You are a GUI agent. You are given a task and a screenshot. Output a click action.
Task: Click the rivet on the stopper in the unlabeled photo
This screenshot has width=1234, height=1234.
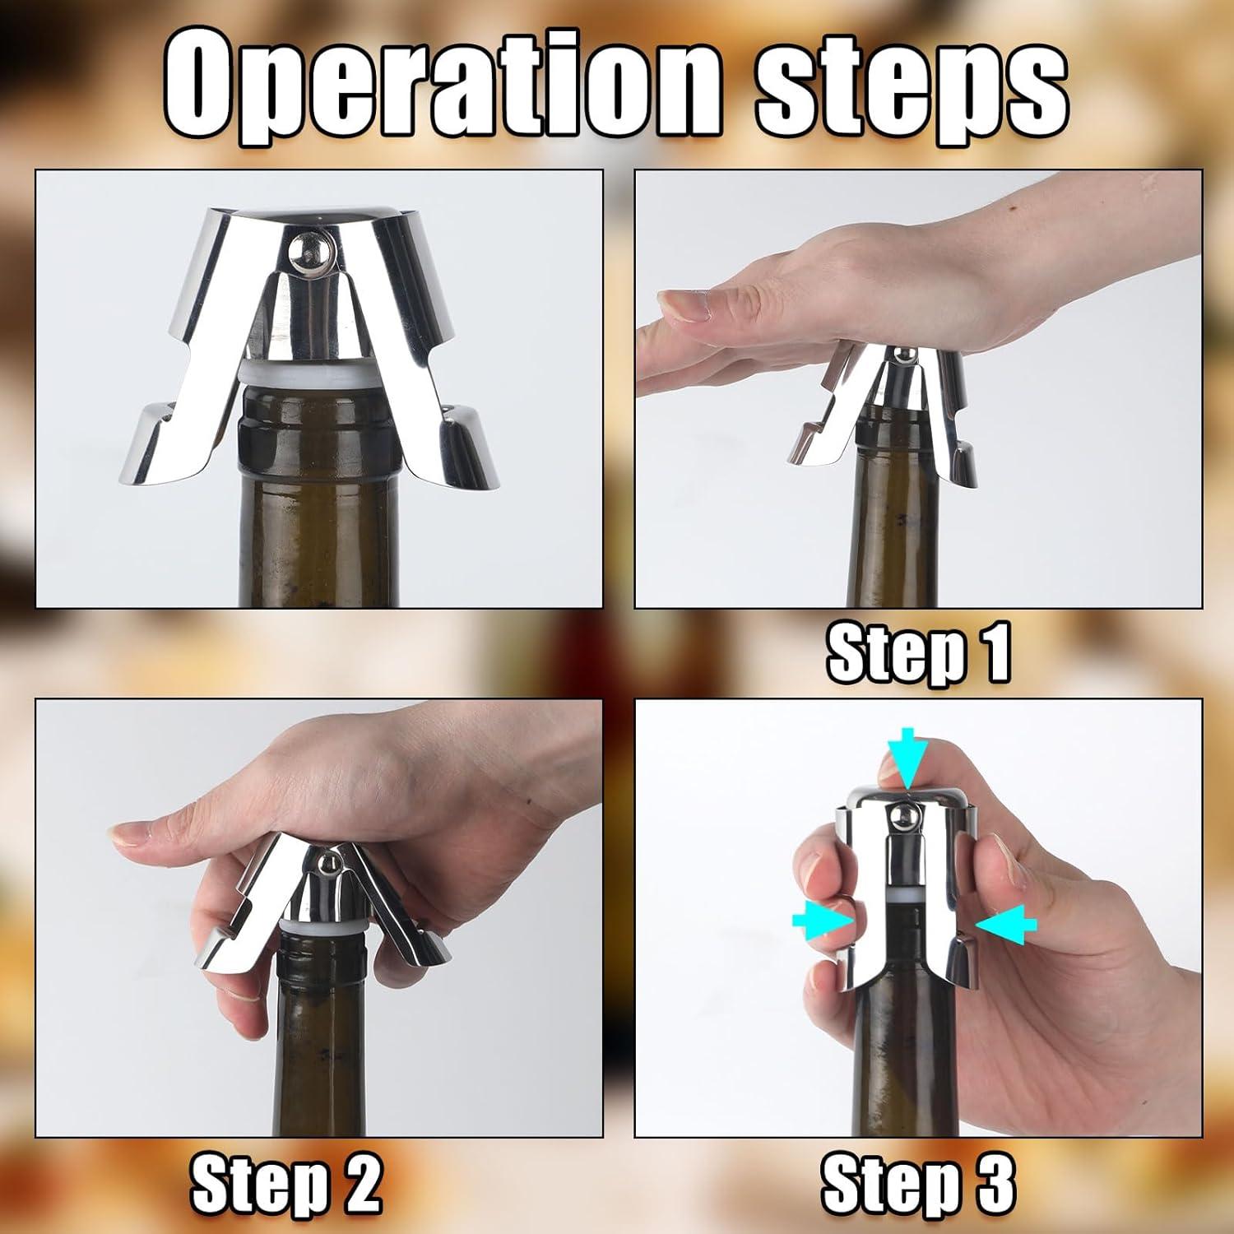[310, 249]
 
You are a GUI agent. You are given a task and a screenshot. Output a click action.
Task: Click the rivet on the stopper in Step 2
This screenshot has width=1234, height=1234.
[327, 864]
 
